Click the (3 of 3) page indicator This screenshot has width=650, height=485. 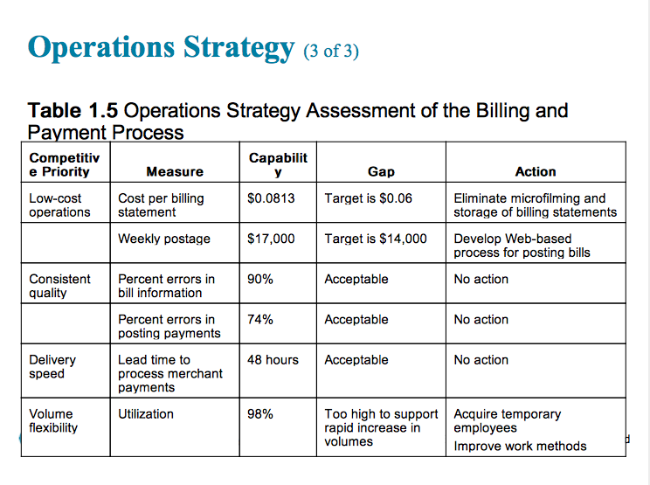(x=330, y=51)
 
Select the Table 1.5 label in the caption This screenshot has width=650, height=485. (x=74, y=111)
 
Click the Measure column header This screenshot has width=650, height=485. (x=175, y=172)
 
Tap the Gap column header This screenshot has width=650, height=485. (x=381, y=172)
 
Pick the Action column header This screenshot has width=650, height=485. (x=536, y=172)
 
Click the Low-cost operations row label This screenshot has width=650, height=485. (x=59, y=205)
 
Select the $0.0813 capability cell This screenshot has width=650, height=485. (x=271, y=198)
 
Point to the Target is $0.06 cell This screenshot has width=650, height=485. (x=368, y=198)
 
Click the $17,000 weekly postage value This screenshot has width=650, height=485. (x=271, y=239)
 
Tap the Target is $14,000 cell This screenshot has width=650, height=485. (x=376, y=239)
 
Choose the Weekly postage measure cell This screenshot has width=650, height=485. (x=164, y=239)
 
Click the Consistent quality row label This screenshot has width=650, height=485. (x=59, y=286)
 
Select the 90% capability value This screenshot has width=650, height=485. (x=260, y=279)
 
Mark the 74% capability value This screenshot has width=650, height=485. (x=260, y=319)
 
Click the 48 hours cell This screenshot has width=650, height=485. (x=273, y=359)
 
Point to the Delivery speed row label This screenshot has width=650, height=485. (x=52, y=366)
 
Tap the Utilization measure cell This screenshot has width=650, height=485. (x=146, y=413)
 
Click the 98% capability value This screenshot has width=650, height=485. (x=260, y=413)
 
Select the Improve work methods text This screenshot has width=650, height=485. (x=520, y=447)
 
